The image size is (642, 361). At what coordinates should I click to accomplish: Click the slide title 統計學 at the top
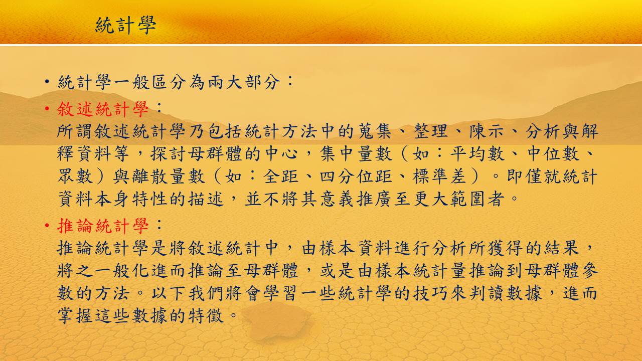[125, 25]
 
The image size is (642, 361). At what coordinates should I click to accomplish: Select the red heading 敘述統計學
[103, 109]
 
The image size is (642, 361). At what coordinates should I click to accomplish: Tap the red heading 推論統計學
[103, 226]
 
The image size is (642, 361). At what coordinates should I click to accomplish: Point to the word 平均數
[477, 153]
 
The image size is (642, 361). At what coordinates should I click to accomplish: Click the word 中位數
[553, 153]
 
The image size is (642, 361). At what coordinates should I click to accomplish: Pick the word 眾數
[75, 176]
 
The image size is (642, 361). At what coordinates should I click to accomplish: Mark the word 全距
[281, 176]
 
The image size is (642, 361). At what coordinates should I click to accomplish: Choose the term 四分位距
[356, 176]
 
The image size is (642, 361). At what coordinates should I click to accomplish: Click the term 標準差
[439, 176]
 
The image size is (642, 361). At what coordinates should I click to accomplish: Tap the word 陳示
[487, 131]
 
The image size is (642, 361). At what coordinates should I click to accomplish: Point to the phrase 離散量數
[159, 176]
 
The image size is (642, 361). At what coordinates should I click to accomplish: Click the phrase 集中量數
[356, 153]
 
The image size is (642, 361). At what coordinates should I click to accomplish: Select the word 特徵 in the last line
[206, 316]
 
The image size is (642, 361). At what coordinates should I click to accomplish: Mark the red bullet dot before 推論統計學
[47, 226]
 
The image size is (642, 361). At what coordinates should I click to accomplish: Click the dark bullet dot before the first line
[47, 83]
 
